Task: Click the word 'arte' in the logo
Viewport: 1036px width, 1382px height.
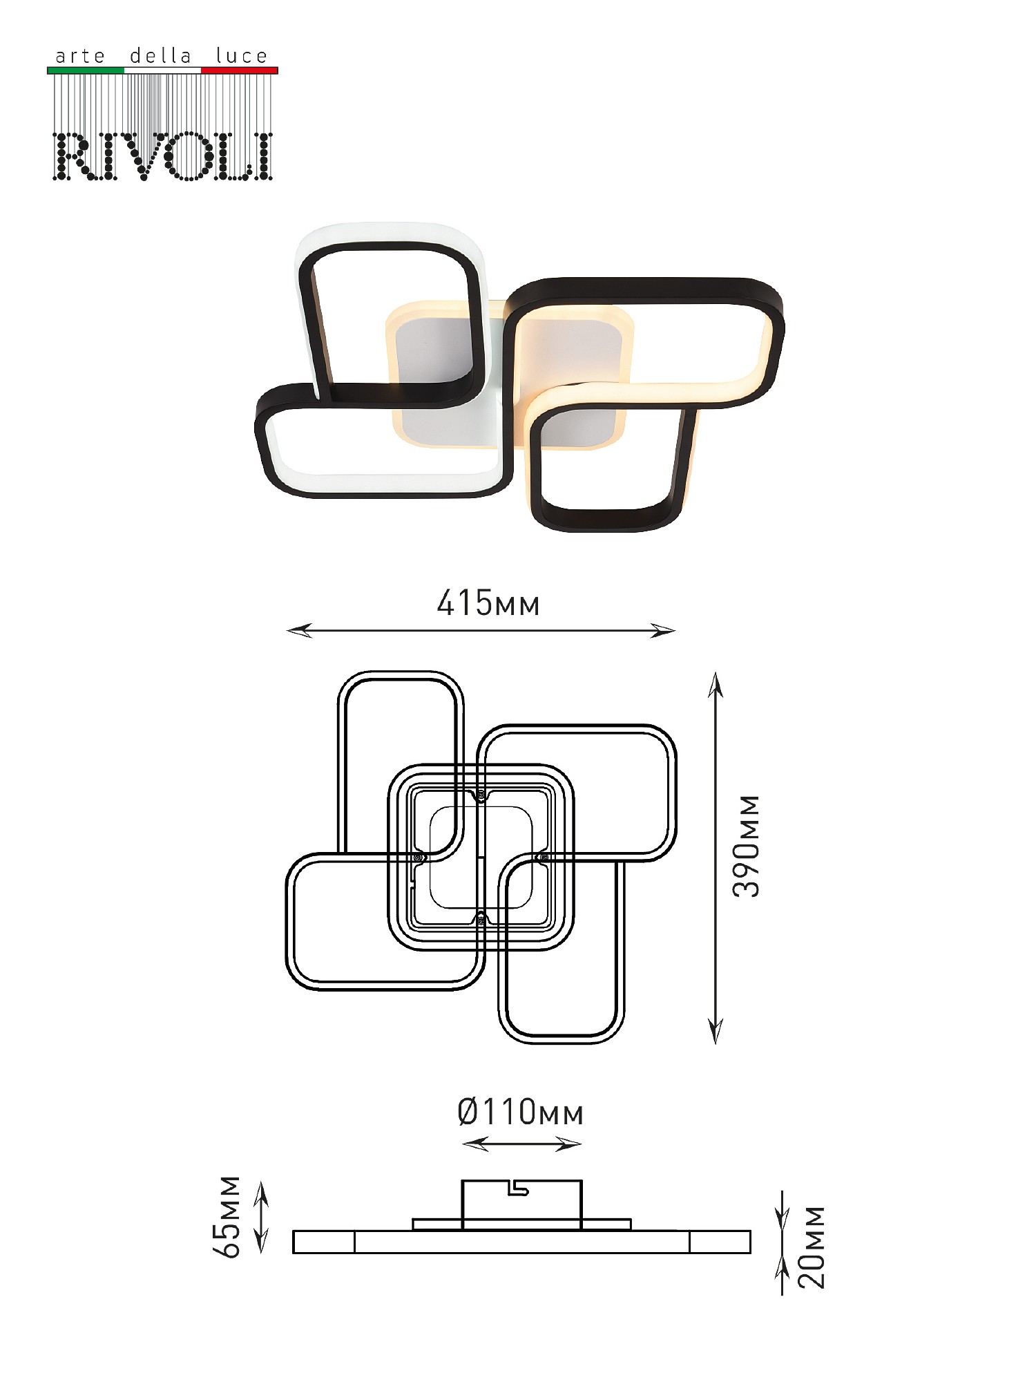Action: [x=80, y=56]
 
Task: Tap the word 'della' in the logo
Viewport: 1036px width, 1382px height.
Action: [x=160, y=55]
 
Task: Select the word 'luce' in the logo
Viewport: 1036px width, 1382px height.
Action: [x=241, y=55]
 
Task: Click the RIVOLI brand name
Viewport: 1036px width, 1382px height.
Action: [x=163, y=156]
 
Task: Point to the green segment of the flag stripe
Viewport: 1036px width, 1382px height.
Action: [x=86, y=70]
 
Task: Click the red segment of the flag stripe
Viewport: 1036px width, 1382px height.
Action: [x=240, y=70]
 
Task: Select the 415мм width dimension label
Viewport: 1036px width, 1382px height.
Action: [x=488, y=603]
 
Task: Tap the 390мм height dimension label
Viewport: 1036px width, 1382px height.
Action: [x=746, y=846]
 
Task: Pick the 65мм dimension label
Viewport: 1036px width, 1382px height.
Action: [x=227, y=1217]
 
